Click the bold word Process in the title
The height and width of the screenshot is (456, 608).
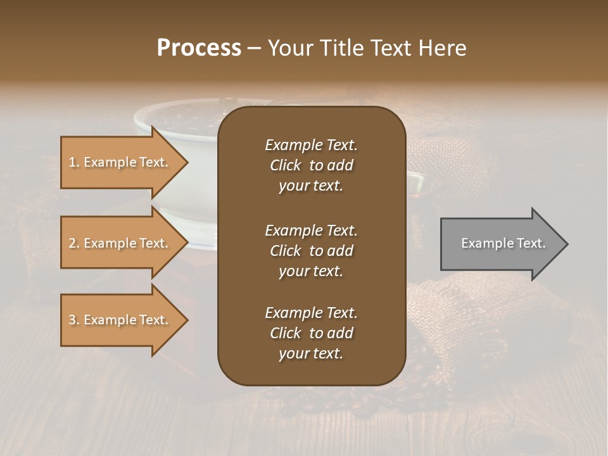(199, 47)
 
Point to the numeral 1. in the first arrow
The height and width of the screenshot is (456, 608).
(73, 162)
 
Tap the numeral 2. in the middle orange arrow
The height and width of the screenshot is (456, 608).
(73, 243)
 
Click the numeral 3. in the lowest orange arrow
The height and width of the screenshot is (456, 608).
(73, 320)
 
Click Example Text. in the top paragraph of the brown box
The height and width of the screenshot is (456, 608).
(311, 145)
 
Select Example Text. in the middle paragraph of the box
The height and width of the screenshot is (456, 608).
(311, 230)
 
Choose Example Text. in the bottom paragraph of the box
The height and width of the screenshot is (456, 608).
(311, 313)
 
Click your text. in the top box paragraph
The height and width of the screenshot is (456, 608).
(311, 186)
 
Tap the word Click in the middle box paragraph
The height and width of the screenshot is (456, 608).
(285, 251)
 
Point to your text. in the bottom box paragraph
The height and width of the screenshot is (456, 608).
(311, 354)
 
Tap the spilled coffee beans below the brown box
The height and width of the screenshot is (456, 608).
(355, 399)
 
